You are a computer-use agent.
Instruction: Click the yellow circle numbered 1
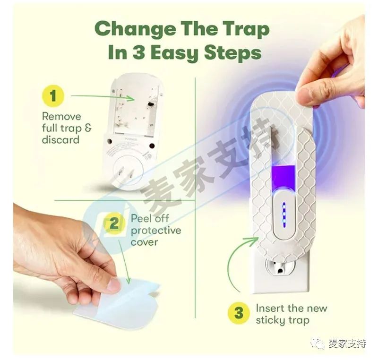click(53, 96)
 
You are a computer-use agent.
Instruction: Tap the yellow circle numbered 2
click(113, 224)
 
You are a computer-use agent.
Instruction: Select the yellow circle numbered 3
click(239, 313)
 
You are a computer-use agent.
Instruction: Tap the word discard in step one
click(60, 140)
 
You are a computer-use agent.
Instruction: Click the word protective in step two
click(156, 231)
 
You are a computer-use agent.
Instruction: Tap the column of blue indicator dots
click(283, 208)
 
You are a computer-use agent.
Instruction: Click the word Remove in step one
click(61, 116)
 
